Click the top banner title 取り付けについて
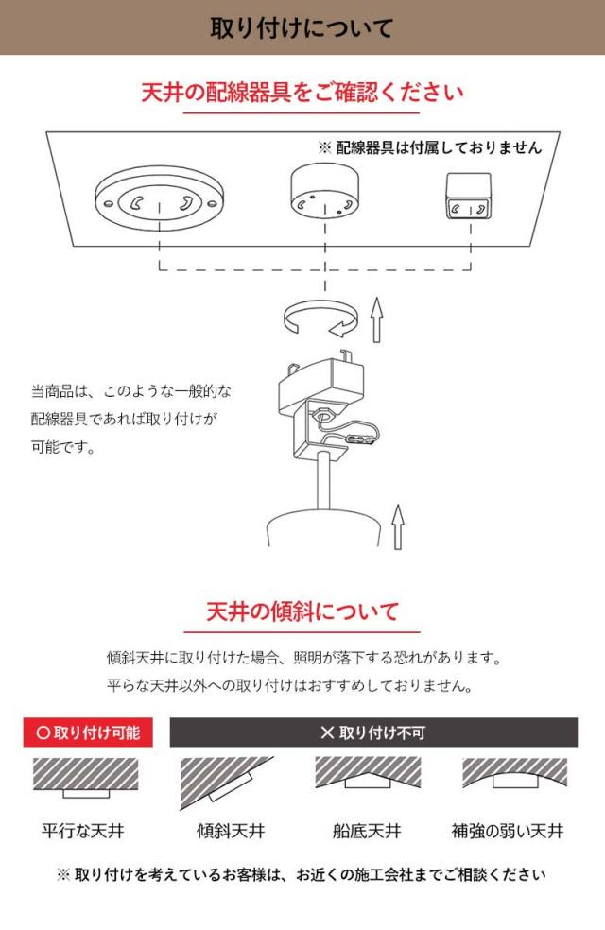tap(302, 27)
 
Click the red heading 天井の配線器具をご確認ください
tap(302, 93)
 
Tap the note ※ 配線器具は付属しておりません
tap(430, 147)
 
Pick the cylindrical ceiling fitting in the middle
tap(324, 195)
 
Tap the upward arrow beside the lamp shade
tap(398, 526)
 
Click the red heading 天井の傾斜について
tap(302, 611)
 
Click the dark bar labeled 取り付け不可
tap(372, 732)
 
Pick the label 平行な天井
tap(83, 832)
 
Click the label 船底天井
tap(367, 832)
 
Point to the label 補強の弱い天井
tap(507, 832)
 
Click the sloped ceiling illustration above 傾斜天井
tap(225, 780)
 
